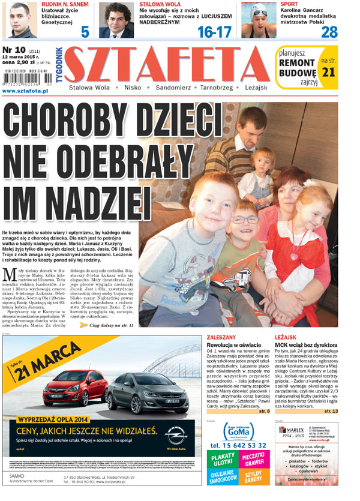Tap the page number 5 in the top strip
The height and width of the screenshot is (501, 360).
click(x=85, y=32)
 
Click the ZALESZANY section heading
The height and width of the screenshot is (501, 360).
click(x=221, y=338)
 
